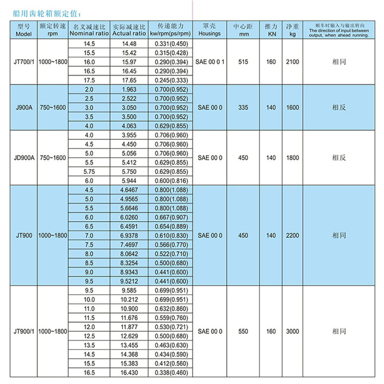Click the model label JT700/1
pos(23,62)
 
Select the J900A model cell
pos(23,107)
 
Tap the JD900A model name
pos(23,157)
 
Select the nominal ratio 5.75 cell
pos(89,171)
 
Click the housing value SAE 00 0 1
pos(210,62)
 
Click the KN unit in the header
pos(271,34)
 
